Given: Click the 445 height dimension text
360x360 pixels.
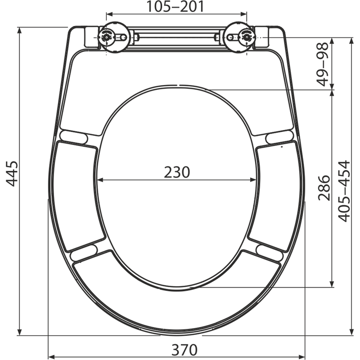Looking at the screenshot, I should click(13, 174).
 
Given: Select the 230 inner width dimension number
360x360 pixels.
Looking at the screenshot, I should click(177, 172).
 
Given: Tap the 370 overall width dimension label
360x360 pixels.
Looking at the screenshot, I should click(184, 349).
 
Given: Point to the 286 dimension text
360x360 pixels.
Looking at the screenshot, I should click(324, 188).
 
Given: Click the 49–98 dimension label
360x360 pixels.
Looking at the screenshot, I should click(323, 64).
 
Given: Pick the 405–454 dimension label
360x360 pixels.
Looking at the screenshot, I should click(345, 191).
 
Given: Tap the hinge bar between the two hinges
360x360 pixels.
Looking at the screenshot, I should click(176, 37).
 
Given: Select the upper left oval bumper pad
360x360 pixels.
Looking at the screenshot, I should click(74, 137).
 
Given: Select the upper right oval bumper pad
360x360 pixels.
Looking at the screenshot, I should click(279, 137).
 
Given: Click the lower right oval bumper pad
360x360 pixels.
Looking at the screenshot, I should click(269, 252).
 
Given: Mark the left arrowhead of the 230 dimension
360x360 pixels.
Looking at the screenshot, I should click(100, 180).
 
